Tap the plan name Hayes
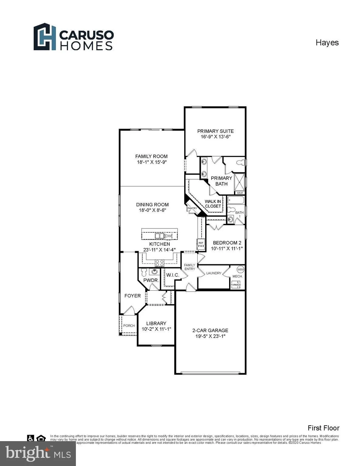(x=327, y=42)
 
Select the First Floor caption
(x=323, y=428)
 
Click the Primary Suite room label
(x=215, y=131)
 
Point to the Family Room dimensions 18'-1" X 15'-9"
(x=151, y=162)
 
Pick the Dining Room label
(x=152, y=204)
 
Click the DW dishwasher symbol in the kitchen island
(x=168, y=236)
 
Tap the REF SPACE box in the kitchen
(x=201, y=244)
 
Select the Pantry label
(x=192, y=208)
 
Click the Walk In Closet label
(x=213, y=204)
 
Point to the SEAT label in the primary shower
(x=240, y=193)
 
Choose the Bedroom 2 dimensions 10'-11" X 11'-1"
(x=227, y=248)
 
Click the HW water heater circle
(x=240, y=269)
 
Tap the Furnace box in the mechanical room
(x=236, y=285)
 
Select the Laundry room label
(x=214, y=273)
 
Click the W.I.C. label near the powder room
(x=172, y=275)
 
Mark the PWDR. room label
(x=151, y=280)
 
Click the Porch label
(x=129, y=326)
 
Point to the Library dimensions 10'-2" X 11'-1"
(x=156, y=329)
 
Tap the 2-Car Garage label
(x=210, y=330)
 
